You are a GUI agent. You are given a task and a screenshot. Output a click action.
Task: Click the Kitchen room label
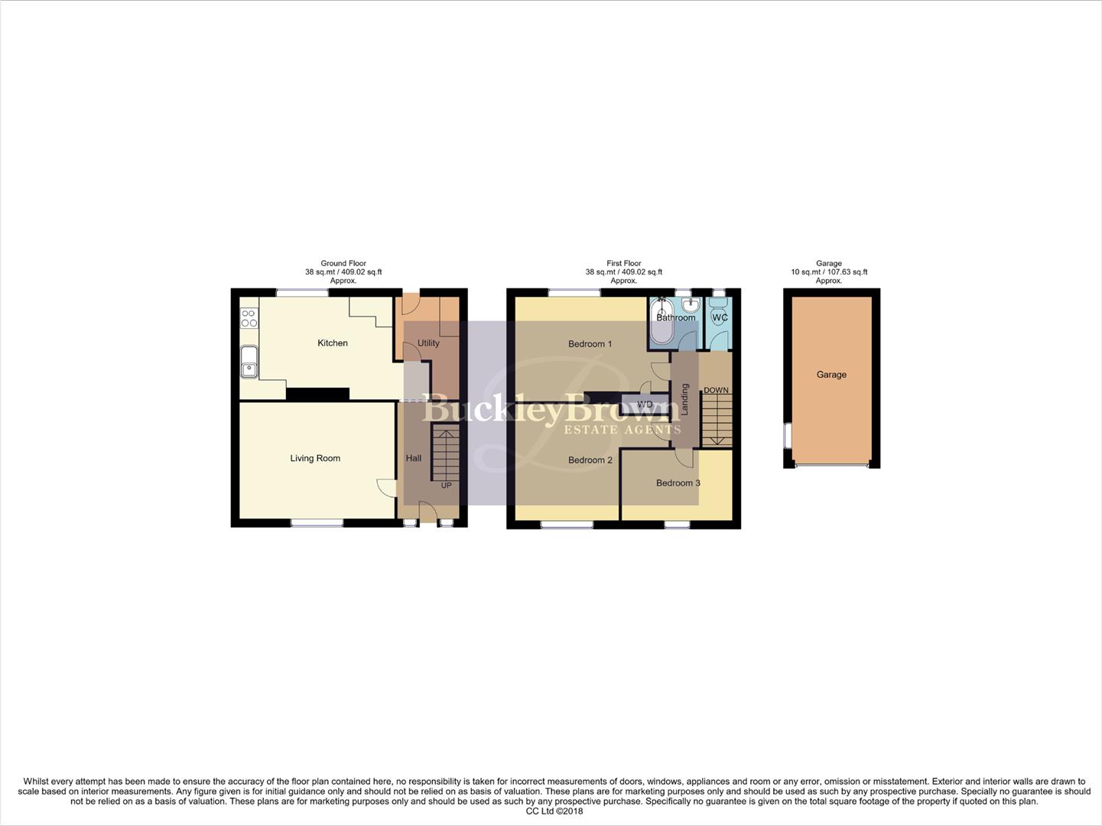tap(333, 343)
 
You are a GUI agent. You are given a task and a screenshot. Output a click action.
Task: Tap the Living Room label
tap(315, 459)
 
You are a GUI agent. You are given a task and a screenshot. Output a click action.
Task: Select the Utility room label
tap(428, 343)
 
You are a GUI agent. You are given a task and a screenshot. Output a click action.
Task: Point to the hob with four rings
tap(249, 318)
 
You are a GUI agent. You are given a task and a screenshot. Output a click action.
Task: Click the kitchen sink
tap(249, 363)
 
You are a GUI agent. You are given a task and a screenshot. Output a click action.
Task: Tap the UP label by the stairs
tap(447, 486)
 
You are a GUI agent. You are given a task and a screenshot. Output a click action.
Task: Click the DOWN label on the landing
tap(716, 391)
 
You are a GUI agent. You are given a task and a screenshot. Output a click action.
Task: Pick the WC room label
tap(720, 317)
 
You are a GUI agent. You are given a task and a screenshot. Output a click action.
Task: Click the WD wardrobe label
tap(645, 405)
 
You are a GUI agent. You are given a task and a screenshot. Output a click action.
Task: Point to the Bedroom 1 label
tap(590, 344)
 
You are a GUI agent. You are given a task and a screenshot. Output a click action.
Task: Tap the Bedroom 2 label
tap(590, 460)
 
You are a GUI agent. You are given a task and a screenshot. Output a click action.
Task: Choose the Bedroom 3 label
tap(678, 483)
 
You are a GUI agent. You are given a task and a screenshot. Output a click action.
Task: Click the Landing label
tap(685, 399)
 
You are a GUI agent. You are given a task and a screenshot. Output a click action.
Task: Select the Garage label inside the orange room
tap(831, 375)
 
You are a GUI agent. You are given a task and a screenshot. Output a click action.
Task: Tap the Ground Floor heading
tap(343, 263)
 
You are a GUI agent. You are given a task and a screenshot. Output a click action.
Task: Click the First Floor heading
tap(624, 263)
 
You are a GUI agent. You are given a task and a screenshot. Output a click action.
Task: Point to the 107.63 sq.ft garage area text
tap(847, 272)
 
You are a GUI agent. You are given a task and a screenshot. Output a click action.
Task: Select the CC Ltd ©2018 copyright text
tap(554, 811)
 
